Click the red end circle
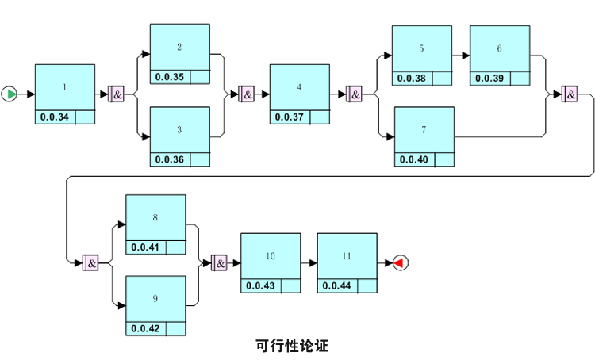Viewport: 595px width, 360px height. coord(400,262)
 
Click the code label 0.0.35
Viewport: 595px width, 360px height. coord(169,77)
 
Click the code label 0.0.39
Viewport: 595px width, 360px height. coord(489,78)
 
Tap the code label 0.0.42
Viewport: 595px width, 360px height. coord(145,328)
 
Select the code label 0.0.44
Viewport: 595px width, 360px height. coord(336,285)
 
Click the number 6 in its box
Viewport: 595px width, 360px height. coord(499,48)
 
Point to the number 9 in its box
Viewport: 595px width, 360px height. coord(155,299)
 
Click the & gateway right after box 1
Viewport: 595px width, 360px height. coord(117,94)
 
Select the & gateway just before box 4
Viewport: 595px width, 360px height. coord(247,94)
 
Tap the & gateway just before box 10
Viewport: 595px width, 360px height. coord(219,262)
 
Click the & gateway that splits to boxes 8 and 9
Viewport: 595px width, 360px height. coord(90,262)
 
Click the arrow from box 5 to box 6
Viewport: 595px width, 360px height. coord(461,56)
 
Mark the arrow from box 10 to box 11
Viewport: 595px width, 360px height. coord(309,262)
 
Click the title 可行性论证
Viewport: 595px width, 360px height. coord(292,346)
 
